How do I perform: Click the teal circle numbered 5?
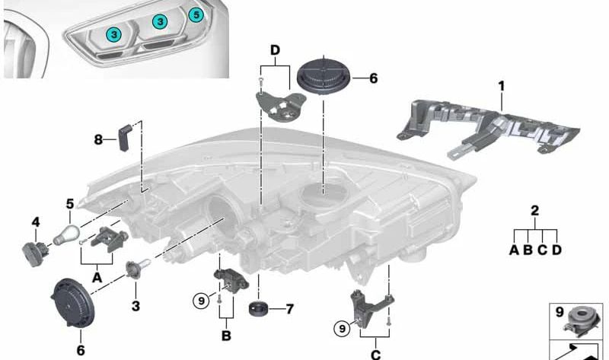tap(196, 14)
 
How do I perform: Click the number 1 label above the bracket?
tap(502, 86)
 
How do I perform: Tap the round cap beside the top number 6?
tap(324, 75)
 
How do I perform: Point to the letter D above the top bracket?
tap(275, 50)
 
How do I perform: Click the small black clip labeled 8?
tap(125, 138)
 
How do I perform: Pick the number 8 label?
tap(98, 139)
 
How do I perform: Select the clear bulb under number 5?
tap(66, 234)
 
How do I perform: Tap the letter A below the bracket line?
tap(97, 278)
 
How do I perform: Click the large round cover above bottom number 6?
tap(72, 304)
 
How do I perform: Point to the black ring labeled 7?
tap(258, 309)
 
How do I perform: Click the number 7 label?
tap(290, 309)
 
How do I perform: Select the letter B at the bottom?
tap(226, 336)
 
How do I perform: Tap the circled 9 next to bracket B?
tap(201, 301)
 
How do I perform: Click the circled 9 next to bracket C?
tap(342, 329)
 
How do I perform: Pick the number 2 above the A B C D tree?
tap(535, 211)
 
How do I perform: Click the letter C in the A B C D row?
tap(542, 250)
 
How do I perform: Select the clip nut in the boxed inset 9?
tap(581, 321)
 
